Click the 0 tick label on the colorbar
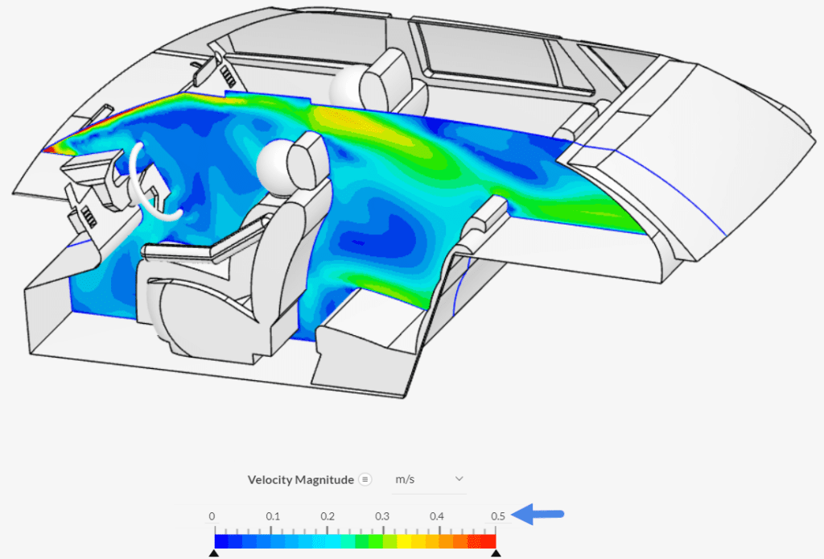point(212,516)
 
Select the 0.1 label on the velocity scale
point(273,516)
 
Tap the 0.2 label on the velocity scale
point(328,516)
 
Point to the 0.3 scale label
point(382,516)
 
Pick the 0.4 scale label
point(437,516)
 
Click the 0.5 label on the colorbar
point(498,516)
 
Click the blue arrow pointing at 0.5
point(538,514)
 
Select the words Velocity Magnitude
point(301,479)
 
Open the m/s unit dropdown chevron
point(459,478)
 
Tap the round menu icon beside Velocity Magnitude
point(365,479)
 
